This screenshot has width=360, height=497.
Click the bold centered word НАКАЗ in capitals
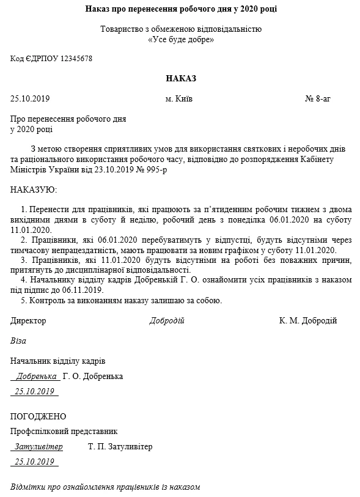pos(180,78)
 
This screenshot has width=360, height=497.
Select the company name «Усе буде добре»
pos(181,40)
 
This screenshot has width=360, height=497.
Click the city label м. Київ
pos(178,99)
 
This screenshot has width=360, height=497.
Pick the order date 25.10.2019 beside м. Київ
pos(30,99)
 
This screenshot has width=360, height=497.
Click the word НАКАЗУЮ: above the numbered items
pos(34,190)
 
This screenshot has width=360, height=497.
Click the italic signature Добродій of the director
pos(167,321)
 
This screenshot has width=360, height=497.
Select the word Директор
pos(28,321)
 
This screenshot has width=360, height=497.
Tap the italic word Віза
pos(18,341)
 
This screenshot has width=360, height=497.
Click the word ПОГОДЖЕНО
pos(38,417)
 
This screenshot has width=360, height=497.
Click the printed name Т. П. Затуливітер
pos(120,447)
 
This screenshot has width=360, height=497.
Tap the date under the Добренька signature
pos(35,391)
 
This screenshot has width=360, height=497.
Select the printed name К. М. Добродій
pos(307,321)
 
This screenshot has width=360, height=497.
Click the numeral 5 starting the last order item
pos(23,301)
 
